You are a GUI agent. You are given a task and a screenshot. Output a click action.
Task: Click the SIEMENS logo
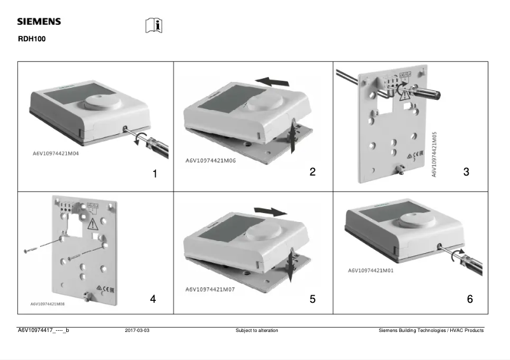click(x=39, y=22)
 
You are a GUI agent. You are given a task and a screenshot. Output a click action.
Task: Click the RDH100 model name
click(x=31, y=39)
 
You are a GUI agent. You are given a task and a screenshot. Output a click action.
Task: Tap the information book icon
click(x=154, y=25)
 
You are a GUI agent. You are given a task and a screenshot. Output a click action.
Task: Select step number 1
click(x=155, y=173)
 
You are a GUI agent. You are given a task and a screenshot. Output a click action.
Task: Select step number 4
click(x=153, y=299)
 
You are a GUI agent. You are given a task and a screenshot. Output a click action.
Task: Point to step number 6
click(x=470, y=299)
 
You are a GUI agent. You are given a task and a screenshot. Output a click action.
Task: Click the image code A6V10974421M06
click(x=210, y=161)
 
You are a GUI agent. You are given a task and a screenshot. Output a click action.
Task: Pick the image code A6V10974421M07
click(x=210, y=289)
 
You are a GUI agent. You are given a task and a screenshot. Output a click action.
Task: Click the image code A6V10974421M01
click(x=371, y=270)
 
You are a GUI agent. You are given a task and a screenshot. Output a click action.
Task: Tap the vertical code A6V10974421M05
click(x=434, y=154)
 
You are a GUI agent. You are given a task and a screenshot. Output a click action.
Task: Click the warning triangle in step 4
click(x=93, y=223)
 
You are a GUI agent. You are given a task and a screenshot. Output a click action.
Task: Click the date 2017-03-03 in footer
click(x=137, y=331)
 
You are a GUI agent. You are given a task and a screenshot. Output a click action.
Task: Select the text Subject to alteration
click(x=257, y=331)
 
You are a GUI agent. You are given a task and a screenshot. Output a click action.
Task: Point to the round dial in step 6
click(x=417, y=221)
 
